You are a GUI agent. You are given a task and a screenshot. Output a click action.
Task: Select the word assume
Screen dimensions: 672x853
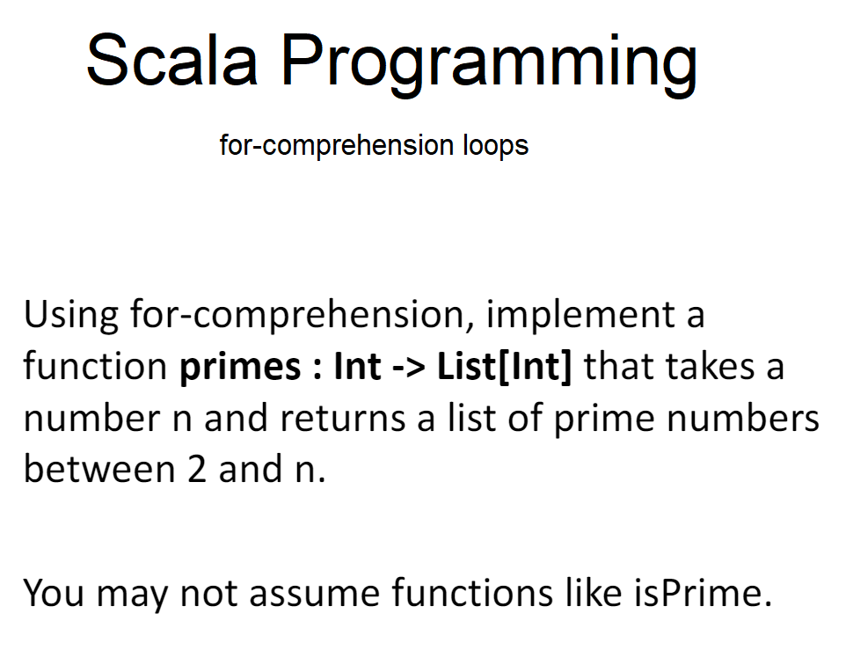[x=315, y=594]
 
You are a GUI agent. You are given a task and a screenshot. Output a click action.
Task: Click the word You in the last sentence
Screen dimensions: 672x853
[x=54, y=594]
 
